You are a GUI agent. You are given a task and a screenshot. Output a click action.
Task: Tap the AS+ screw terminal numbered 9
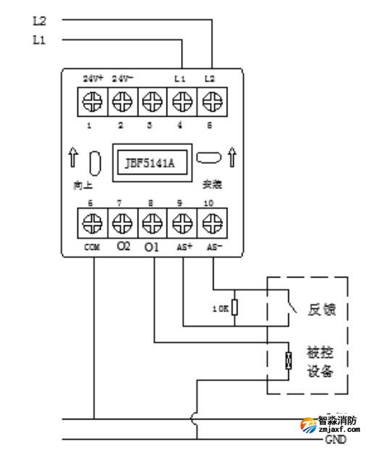coord(180,222)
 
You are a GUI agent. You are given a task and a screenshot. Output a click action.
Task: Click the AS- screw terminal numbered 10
coord(211,222)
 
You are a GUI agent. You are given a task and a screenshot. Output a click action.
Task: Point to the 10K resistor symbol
coord(235,307)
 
